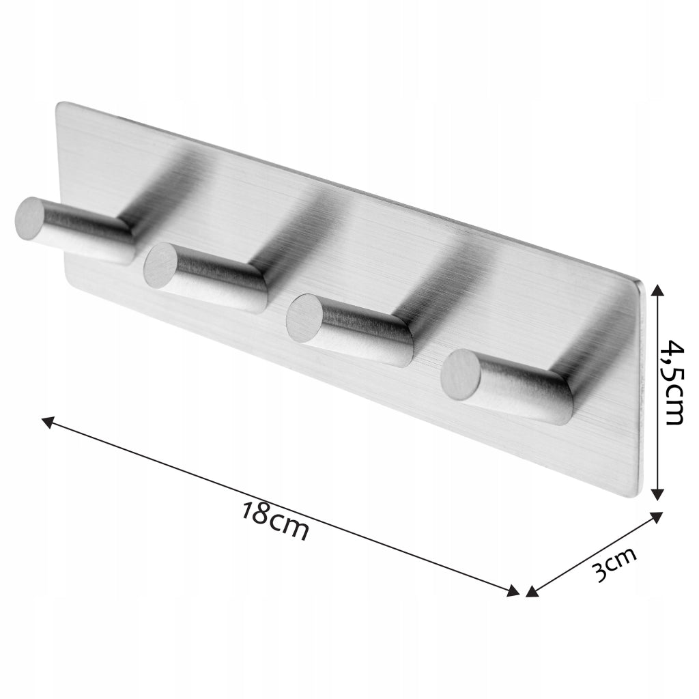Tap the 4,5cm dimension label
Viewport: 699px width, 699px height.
[x=671, y=382]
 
